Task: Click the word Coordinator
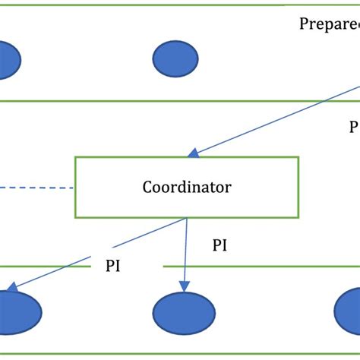(187, 187)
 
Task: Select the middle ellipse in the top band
(175, 59)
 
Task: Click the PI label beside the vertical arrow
(219, 245)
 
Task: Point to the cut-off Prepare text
(328, 23)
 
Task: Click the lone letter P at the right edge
(353, 126)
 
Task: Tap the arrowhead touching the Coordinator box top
(194, 154)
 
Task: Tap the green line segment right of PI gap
(258, 267)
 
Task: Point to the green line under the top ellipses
(180, 100)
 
